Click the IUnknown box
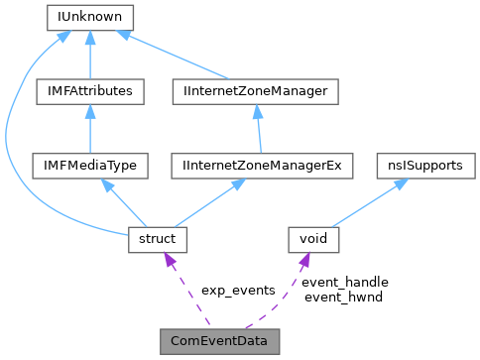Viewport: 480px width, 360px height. click(x=89, y=17)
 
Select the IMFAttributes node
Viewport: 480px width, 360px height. click(x=89, y=91)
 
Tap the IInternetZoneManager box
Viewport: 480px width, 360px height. click(x=256, y=91)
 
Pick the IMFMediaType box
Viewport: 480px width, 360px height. click(x=89, y=166)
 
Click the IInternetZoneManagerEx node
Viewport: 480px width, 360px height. click(x=256, y=166)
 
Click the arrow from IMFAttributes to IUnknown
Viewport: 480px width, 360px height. click(x=89, y=55)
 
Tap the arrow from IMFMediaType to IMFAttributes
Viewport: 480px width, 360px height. click(x=89, y=129)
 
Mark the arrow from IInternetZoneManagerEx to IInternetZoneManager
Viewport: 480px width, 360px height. click(x=256, y=129)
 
